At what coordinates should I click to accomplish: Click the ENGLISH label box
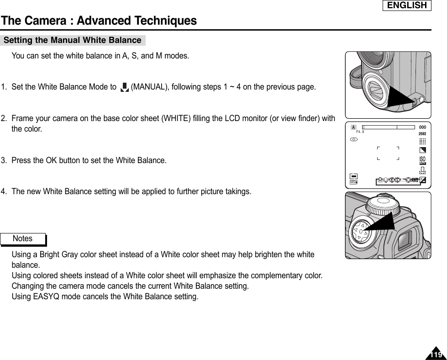(407, 5)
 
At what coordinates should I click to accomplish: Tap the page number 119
(436, 355)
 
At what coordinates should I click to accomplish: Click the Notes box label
(23, 238)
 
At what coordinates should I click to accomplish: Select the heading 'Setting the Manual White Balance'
(73, 40)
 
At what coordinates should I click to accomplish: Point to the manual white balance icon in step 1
(124, 87)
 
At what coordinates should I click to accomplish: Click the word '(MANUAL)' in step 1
(148, 87)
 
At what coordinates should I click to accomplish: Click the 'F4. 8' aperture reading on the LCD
(360, 132)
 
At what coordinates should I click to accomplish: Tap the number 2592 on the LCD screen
(422, 133)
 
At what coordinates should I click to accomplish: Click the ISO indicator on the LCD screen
(422, 160)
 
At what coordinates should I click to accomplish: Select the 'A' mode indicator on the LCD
(353, 127)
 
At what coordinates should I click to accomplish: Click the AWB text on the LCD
(415, 180)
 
